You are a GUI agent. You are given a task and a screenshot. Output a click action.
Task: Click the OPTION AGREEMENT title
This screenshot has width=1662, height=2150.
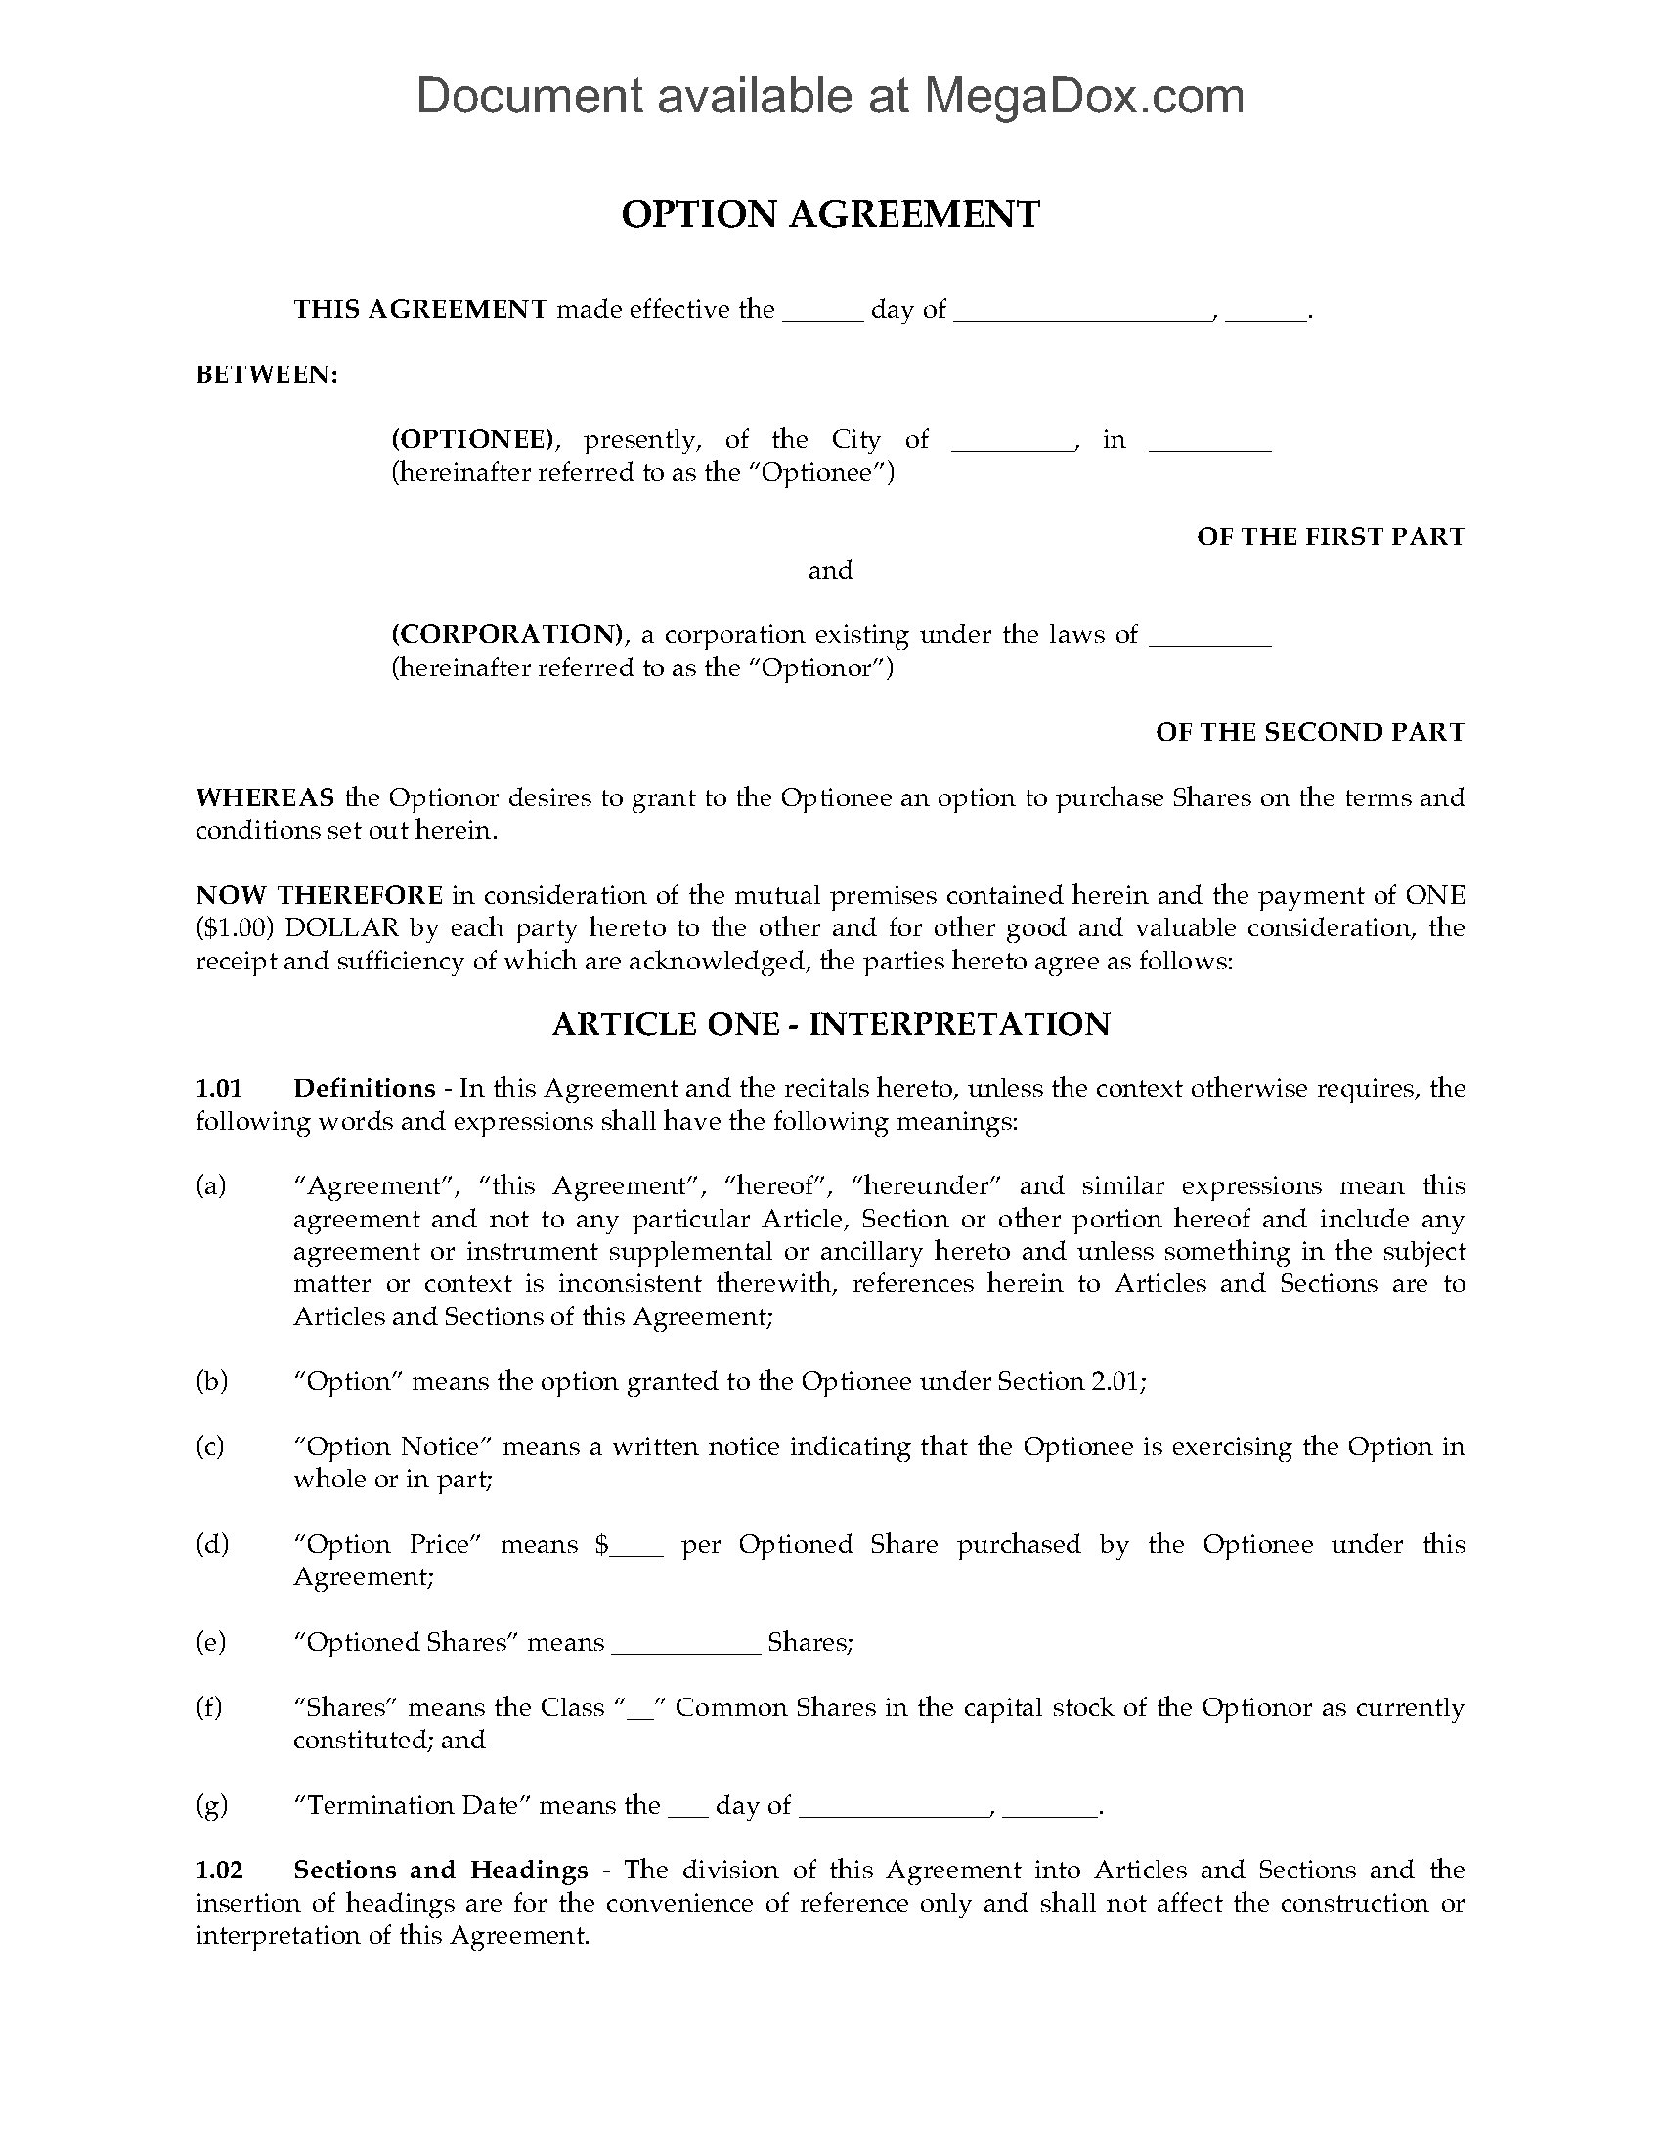coord(830,215)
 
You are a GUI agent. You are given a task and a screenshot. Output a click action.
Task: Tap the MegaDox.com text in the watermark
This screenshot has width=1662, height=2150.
coord(1082,97)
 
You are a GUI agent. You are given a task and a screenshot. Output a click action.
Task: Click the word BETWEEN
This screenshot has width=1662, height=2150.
coord(267,375)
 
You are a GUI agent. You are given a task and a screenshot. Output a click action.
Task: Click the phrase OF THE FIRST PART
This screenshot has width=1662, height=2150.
coord(1331,537)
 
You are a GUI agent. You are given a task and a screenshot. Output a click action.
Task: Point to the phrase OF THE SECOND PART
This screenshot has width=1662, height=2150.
coord(1309,731)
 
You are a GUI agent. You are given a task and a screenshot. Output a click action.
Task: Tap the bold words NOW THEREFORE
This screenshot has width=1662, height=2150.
coord(319,895)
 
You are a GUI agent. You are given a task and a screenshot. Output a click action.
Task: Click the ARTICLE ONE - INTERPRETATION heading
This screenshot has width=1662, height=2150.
coord(830,1024)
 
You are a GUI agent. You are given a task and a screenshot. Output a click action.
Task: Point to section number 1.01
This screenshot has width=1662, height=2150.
coord(218,1088)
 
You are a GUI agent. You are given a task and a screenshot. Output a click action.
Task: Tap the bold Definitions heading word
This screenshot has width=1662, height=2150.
coord(365,1088)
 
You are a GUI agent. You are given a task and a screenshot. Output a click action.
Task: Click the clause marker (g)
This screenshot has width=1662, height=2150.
coord(212,1804)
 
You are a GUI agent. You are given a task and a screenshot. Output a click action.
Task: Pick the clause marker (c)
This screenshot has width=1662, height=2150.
coord(211,1446)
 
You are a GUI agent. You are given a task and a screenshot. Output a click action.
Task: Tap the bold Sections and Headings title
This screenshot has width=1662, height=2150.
coord(441,1870)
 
